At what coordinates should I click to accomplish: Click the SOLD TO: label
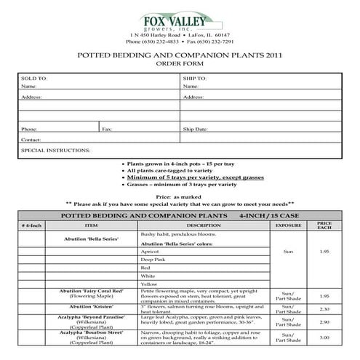point(34,77)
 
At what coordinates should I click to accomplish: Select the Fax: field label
point(107,129)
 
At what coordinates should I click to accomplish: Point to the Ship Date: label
point(196,129)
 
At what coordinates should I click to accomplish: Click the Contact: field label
point(31,139)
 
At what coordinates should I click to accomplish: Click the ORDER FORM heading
point(179,64)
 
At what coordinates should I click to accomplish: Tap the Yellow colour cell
point(149,284)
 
